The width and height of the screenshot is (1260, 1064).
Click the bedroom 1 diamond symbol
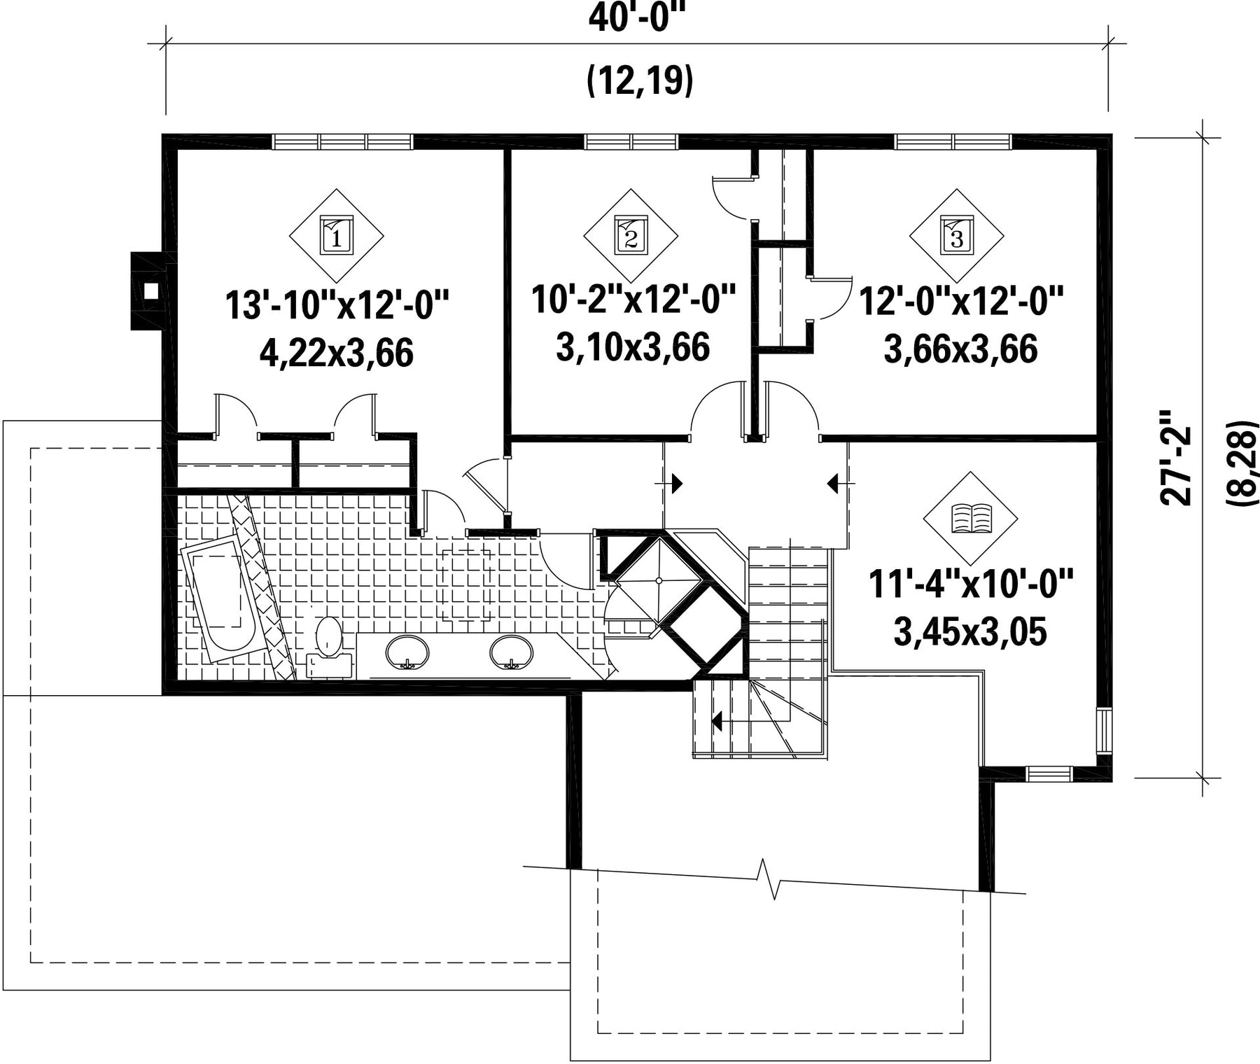pos(337,236)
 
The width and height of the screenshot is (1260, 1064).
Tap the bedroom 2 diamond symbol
pos(630,236)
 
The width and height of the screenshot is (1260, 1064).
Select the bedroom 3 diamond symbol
pos(956,236)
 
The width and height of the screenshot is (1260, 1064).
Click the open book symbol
pos(971,519)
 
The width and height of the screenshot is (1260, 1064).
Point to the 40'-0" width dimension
pos(636,17)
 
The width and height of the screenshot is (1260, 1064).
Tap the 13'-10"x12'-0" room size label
pos(337,306)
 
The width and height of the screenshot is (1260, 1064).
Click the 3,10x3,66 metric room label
pos(633,347)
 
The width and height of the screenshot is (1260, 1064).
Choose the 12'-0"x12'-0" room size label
pos(961,301)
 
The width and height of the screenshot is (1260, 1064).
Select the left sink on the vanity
pos(407,652)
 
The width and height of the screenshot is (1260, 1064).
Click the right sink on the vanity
pos(512,652)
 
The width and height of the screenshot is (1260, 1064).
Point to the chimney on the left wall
pos(148,290)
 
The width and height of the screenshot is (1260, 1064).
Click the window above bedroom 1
pos(343,141)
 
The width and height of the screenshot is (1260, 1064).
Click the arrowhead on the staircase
pos(716,720)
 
